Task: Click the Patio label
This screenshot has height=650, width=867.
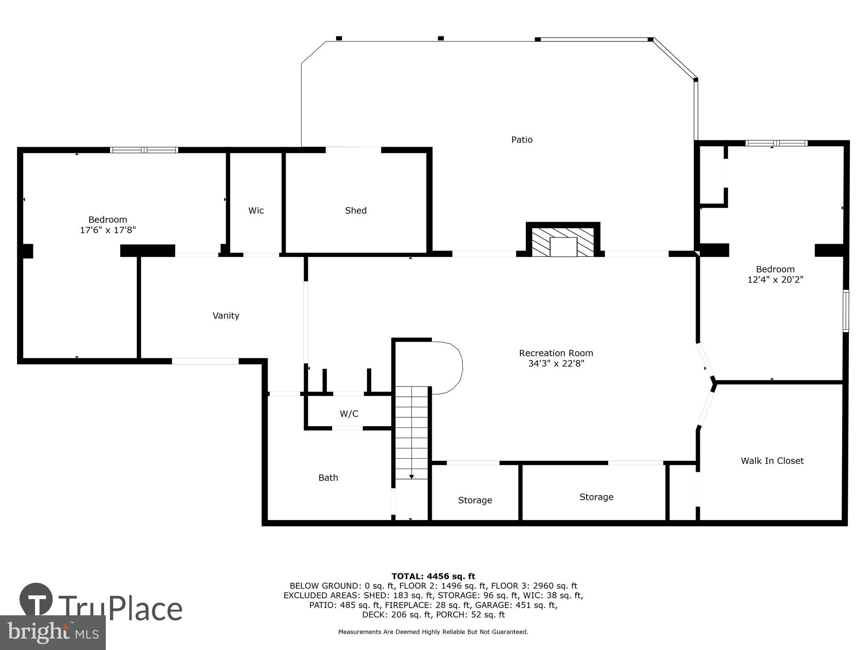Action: tap(522, 140)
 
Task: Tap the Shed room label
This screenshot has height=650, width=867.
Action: tap(356, 210)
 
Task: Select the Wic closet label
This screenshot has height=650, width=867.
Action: tap(256, 210)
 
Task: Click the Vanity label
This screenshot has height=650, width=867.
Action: tap(226, 316)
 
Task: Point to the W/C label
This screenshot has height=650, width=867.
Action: tap(349, 414)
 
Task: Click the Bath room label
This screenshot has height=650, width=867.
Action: tap(328, 478)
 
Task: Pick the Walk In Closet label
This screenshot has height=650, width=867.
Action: tap(772, 461)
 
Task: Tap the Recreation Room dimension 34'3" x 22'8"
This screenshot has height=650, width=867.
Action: tap(556, 364)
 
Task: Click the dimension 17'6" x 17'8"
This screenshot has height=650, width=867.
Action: tap(108, 230)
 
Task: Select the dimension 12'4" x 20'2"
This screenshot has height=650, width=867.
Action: tap(775, 280)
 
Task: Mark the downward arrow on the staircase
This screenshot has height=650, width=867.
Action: tap(411, 477)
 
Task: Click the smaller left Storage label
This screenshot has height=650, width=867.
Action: tap(475, 500)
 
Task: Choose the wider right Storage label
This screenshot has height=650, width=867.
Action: tap(596, 497)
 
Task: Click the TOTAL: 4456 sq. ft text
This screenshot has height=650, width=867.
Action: tap(433, 576)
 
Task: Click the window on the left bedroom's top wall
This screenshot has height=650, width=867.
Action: tap(144, 150)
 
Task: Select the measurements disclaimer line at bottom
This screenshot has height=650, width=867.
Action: tap(433, 632)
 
